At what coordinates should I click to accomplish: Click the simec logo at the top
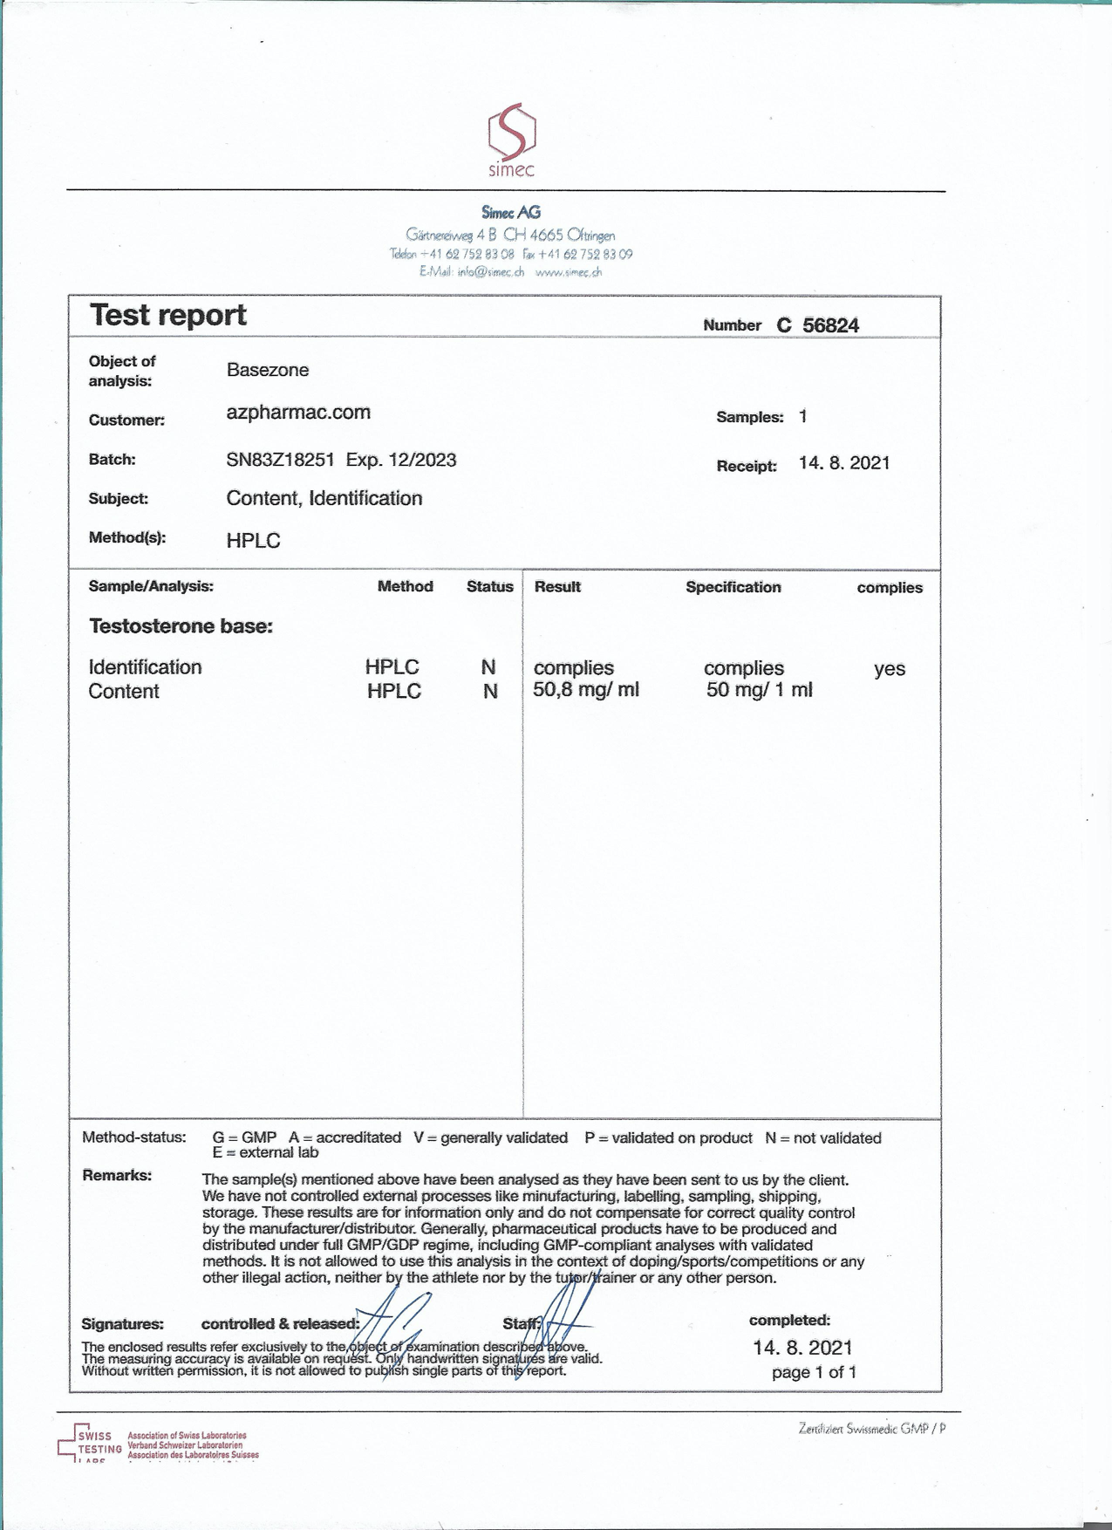(511, 140)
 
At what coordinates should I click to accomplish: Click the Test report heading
(168, 315)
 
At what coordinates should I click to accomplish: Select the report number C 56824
(817, 325)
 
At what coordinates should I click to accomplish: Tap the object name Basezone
(268, 370)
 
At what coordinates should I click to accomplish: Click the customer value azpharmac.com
(298, 413)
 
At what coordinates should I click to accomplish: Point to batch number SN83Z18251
(280, 460)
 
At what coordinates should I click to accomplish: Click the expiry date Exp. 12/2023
(401, 460)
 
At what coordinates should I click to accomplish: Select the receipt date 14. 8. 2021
(843, 463)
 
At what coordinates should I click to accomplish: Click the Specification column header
(733, 587)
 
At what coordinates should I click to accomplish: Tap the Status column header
(489, 587)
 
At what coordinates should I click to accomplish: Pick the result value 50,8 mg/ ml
(586, 690)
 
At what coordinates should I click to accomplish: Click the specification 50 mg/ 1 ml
(759, 690)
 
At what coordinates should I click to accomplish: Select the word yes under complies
(890, 669)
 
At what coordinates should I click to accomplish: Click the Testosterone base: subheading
(181, 626)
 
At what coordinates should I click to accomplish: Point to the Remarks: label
(117, 1175)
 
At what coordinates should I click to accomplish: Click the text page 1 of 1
(814, 1372)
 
